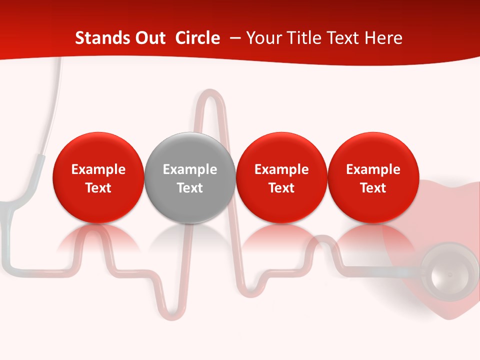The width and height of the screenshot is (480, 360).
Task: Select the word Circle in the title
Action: tap(197, 38)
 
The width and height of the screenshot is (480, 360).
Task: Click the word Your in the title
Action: tap(262, 38)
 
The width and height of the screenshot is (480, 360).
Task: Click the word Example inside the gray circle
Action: tap(190, 169)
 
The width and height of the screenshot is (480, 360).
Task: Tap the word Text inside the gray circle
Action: tap(190, 188)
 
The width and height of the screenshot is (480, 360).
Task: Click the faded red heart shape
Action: tap(445, 210)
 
